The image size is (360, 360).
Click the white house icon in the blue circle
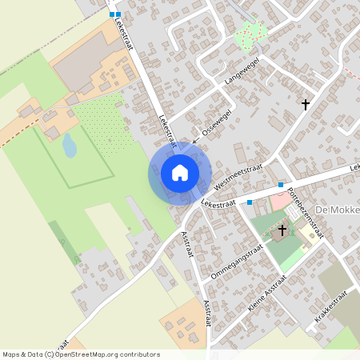point(180,173)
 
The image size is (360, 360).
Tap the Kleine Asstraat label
point(268,294)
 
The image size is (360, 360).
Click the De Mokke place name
point(336,210)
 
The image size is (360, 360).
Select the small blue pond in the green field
point(70,145)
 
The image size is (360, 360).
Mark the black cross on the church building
point(281,231)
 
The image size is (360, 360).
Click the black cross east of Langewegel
point(305,104)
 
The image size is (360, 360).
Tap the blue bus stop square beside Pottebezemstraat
point(281,185)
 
